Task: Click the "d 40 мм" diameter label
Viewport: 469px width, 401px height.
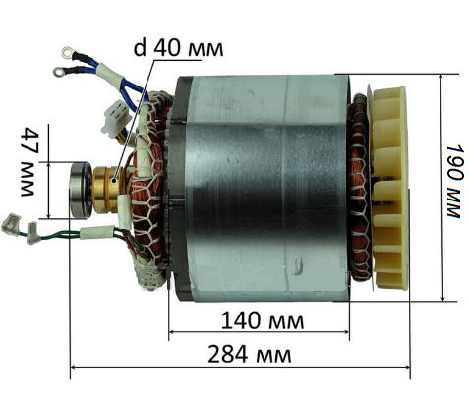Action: pyautogui.click(x=179, y=48)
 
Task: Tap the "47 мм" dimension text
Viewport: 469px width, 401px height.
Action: pyautogui.click(x=29, y=161)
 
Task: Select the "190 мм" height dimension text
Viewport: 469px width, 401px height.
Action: pyautogui.click(x=456, y=181)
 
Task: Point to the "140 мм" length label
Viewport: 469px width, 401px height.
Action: pyautogui.click(x=263, y=320)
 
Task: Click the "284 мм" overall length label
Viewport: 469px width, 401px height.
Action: pyautogui.click(x=250, y=355)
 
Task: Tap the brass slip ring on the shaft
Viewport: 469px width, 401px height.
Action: pyautogui.click(x=105, y=189)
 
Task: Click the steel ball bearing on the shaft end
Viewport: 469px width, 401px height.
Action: pyautogui.click(x=80, y=190)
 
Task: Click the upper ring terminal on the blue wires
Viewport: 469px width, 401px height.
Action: pyautogui.click(x=68, y=51)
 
